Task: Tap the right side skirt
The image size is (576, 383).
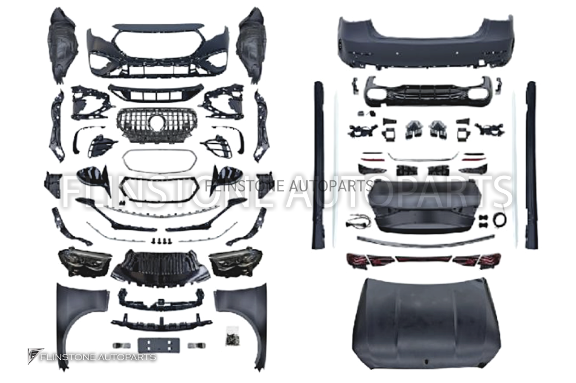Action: tap(532, 165)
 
